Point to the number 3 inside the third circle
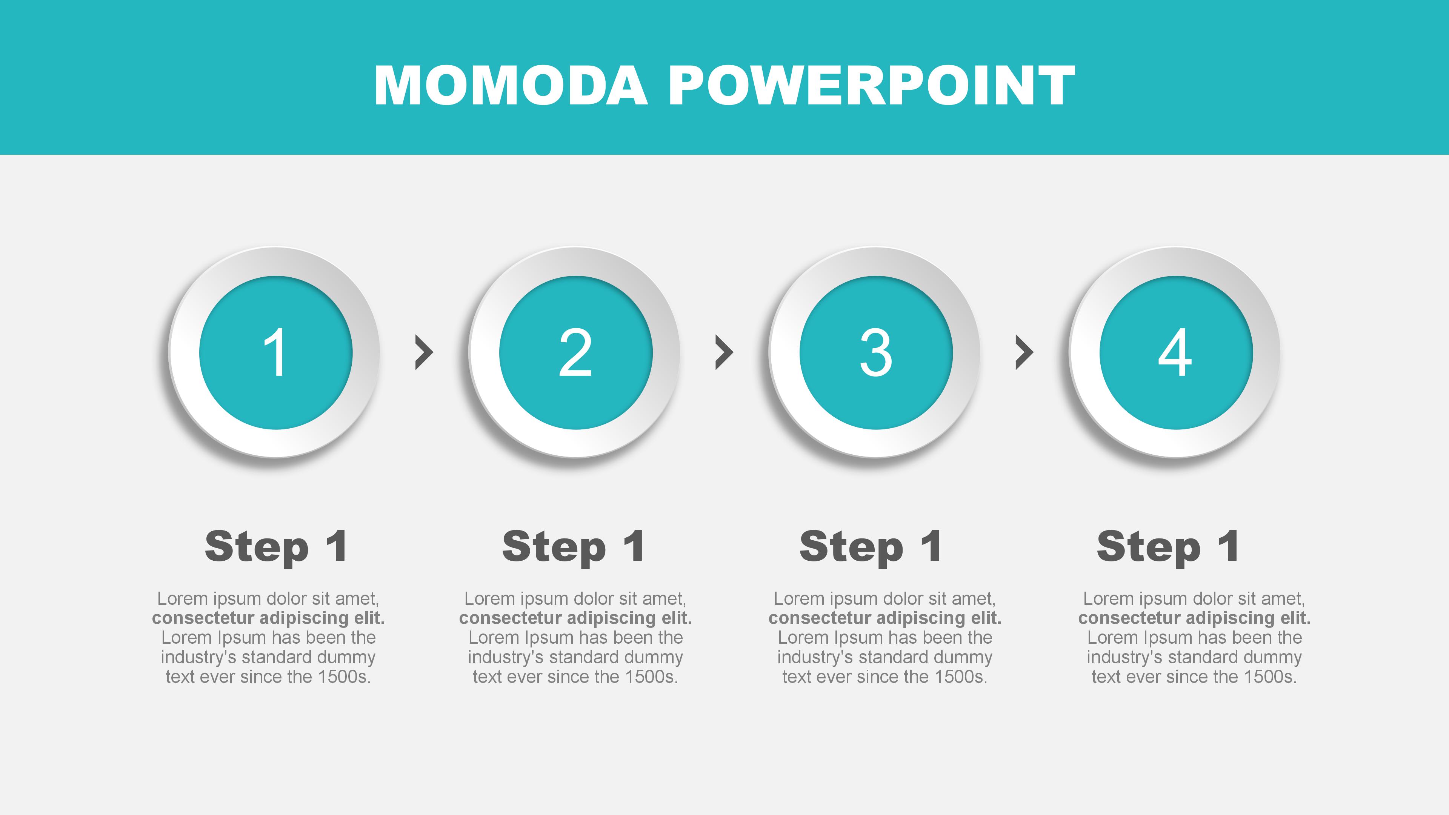[876, 353]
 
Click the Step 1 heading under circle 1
[276, 547]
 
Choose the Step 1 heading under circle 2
[573, 547]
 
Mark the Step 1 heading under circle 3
[871, 547]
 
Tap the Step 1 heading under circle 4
[1168, 547]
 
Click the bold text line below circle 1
[268, 618]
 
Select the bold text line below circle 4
[1194, 618]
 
